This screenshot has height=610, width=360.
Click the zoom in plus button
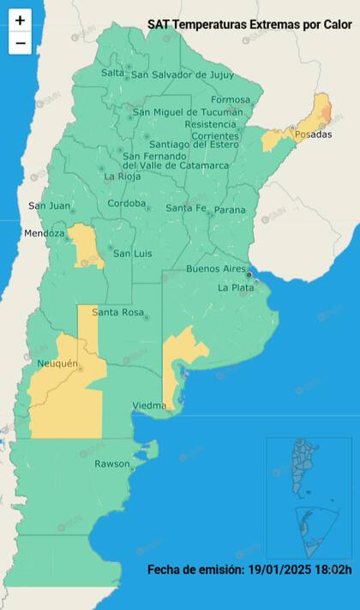pyautogui.click(x=20, y=20)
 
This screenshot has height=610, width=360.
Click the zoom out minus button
pyautogui.click(x=20, y=43)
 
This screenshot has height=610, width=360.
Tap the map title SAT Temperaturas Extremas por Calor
pyautogui.click(x=249, y=25)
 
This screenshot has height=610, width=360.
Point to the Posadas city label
pyautogui.click(x=313, y=136)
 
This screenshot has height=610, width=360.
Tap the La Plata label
pyautogui.click(x=235, y=288)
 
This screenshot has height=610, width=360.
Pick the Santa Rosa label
pyautogui.click(x=117, y=312)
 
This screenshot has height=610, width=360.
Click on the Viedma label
pyautogui.click(x=151, y=405)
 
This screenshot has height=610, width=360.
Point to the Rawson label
pyautogui.click(x=112, y=463)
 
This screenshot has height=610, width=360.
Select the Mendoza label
pyautogui.click(x=45, y=233)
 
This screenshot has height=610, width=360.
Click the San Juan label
pyautogui.click(x=49, y=206)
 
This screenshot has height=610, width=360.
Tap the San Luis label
pyautogui.click(x=133, y=254)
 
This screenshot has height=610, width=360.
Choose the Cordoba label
pyautogui.click(x=126, y=204)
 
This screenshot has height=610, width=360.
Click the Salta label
pyautogui.click(x=113, y=73)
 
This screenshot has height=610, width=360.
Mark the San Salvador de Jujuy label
pyautogui.click(x=183, y=75)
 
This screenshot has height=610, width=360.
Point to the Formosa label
pyautogui.click(x=231, y=100)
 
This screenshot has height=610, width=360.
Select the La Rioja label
pyautogui.click(x=123, y=176)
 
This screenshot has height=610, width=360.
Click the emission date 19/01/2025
pyautogui.click(x=277, y=570)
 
